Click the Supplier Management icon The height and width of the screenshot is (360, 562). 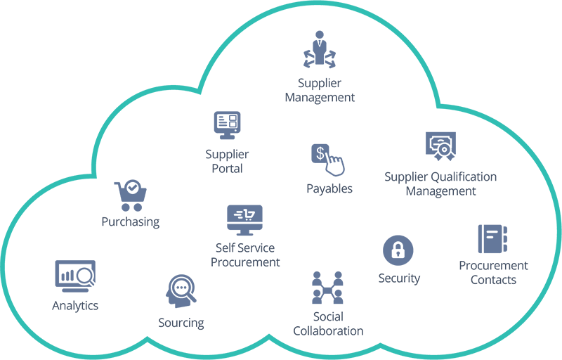320,49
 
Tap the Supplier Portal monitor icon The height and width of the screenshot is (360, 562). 227,125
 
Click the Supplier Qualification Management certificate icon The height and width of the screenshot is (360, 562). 440,146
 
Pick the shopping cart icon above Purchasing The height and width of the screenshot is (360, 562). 131,195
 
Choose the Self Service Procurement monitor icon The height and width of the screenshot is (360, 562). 244,220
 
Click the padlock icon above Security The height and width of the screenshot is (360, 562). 398,250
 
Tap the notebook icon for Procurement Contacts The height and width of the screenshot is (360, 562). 492,239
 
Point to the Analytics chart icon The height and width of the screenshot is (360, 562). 75,276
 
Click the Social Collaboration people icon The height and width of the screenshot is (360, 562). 327,287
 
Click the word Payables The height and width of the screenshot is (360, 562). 329,188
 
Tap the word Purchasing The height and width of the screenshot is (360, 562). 131,221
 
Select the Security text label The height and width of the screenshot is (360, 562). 399,278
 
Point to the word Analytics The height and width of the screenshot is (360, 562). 75,306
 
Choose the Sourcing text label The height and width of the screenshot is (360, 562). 181,323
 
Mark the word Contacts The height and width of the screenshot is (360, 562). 493,280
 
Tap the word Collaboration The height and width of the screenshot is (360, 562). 328,330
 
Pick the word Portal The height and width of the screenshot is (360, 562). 227,169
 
